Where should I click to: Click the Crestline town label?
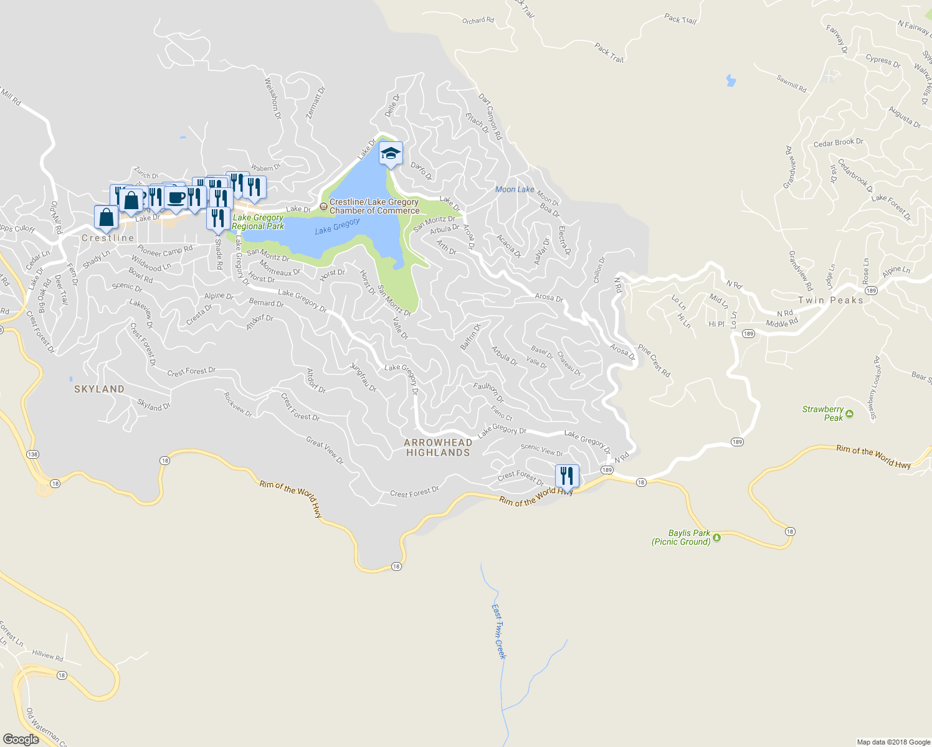click(x=108, y=238)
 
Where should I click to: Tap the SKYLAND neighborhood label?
click(x=99, y=389)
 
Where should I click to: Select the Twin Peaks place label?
click(x=831, y=300)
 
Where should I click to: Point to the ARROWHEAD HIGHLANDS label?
click(x=438, y=448)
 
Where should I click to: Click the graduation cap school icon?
click(x=391, y=154)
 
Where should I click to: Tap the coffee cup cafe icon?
click(x=176, y=197)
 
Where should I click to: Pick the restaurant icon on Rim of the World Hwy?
click(x=567, y=476)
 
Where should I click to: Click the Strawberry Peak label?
click(x=823, y=413)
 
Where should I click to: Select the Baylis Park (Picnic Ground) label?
click(x=681, y=537)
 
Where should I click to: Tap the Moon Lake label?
click(x=515, y=189)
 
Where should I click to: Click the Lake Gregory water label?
click(x=337, y=227)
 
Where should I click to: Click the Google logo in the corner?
click(x=21, y=740)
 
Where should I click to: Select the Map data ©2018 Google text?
click(x=893, y=742)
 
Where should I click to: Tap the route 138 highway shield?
click(x=32, y=454)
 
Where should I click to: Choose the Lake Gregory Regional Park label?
click(x=258, y=222)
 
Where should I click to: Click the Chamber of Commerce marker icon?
click(x=323, y=206)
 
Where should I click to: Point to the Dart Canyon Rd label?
click(x=490, y=116)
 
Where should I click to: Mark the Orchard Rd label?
click(x=478, y=21)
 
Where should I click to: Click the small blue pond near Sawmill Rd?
click(x=730, y=80)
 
